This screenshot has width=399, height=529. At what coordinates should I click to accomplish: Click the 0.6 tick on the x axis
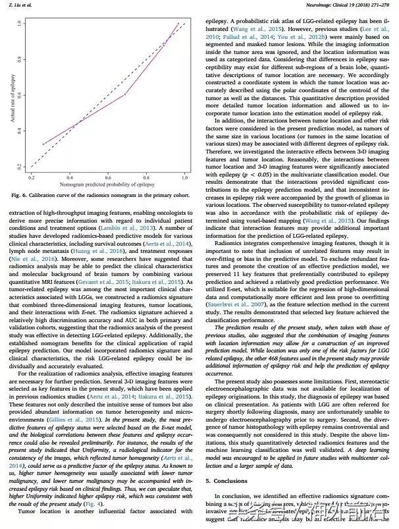coord(109,173)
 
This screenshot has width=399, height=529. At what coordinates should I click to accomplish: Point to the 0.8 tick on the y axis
coord(24,59)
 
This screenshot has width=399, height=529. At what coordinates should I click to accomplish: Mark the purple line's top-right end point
coord(178,24)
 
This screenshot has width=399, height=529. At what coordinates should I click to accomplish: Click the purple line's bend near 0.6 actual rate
coord(124,94)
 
